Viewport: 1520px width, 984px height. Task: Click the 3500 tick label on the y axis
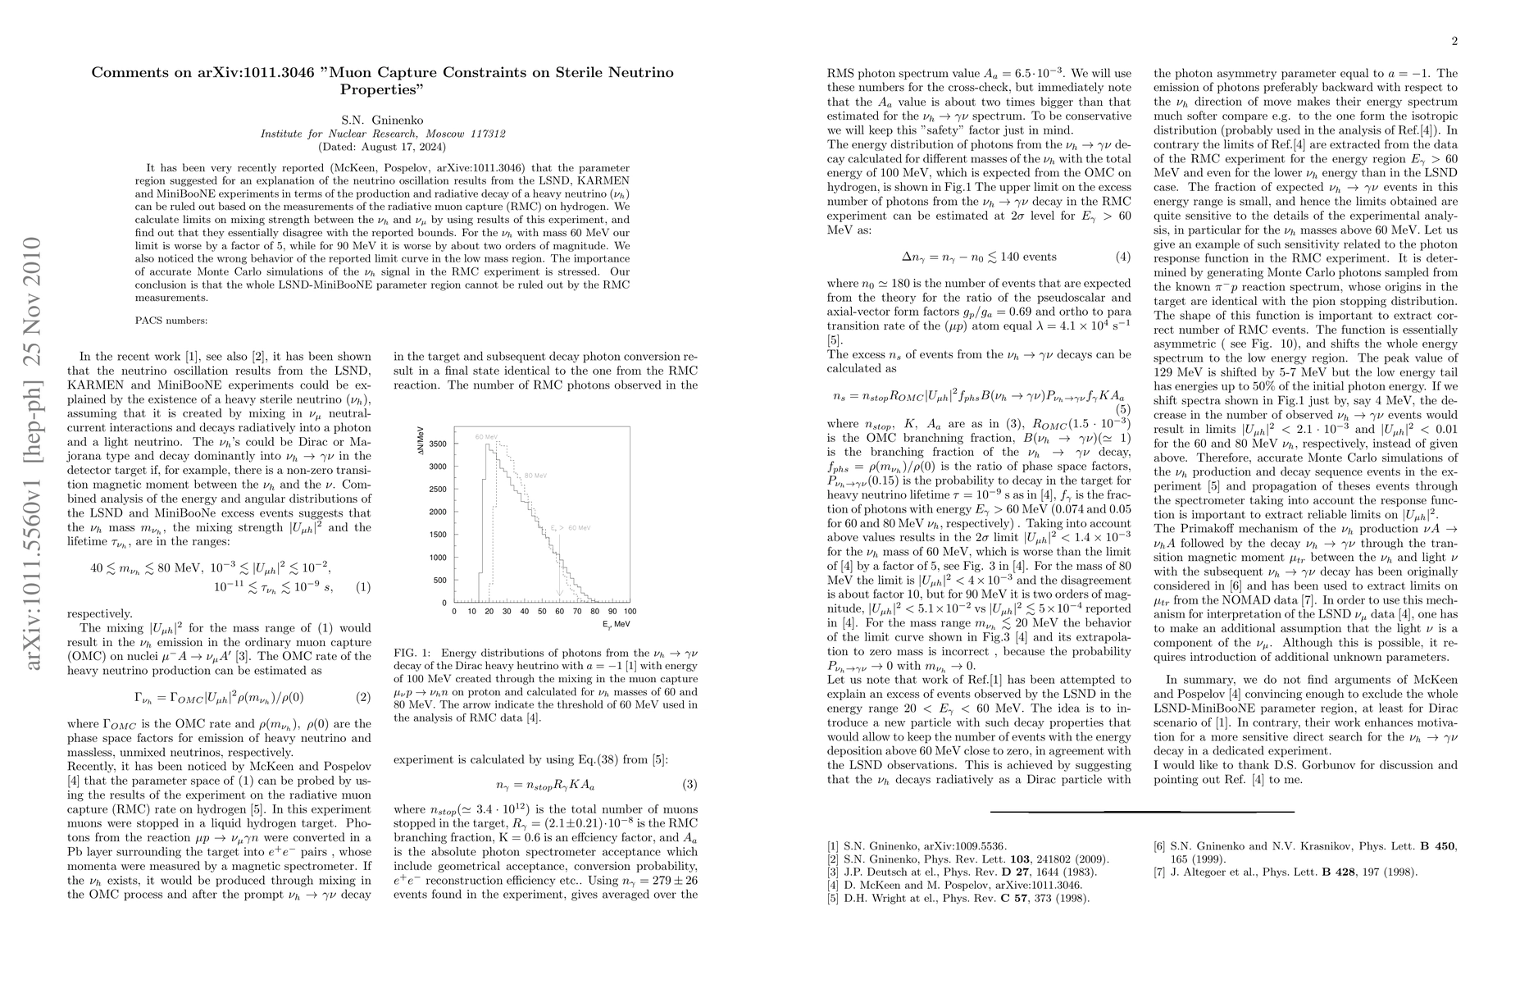pyautogui.click(x=438, y=444)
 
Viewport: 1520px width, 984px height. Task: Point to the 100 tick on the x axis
pyautogui.click(x=630, y=612)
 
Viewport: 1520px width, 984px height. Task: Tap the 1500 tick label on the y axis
pyautogui.click(x=438, y=535)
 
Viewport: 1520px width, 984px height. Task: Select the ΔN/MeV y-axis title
pyautogui.click(x=421, y=444)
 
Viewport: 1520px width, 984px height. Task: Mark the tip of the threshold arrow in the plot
pyautogui.click(x=560, y=596)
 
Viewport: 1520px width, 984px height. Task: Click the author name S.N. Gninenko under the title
pyautogui.click(x=382, y=119)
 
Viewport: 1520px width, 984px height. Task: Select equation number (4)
pyautogui.click(x=1123, y=257)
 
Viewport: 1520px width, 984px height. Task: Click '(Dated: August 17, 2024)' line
pyautogui.click(x=382, y=147)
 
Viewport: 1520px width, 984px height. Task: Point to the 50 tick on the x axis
pyautogui.click(x=542, y=612)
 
